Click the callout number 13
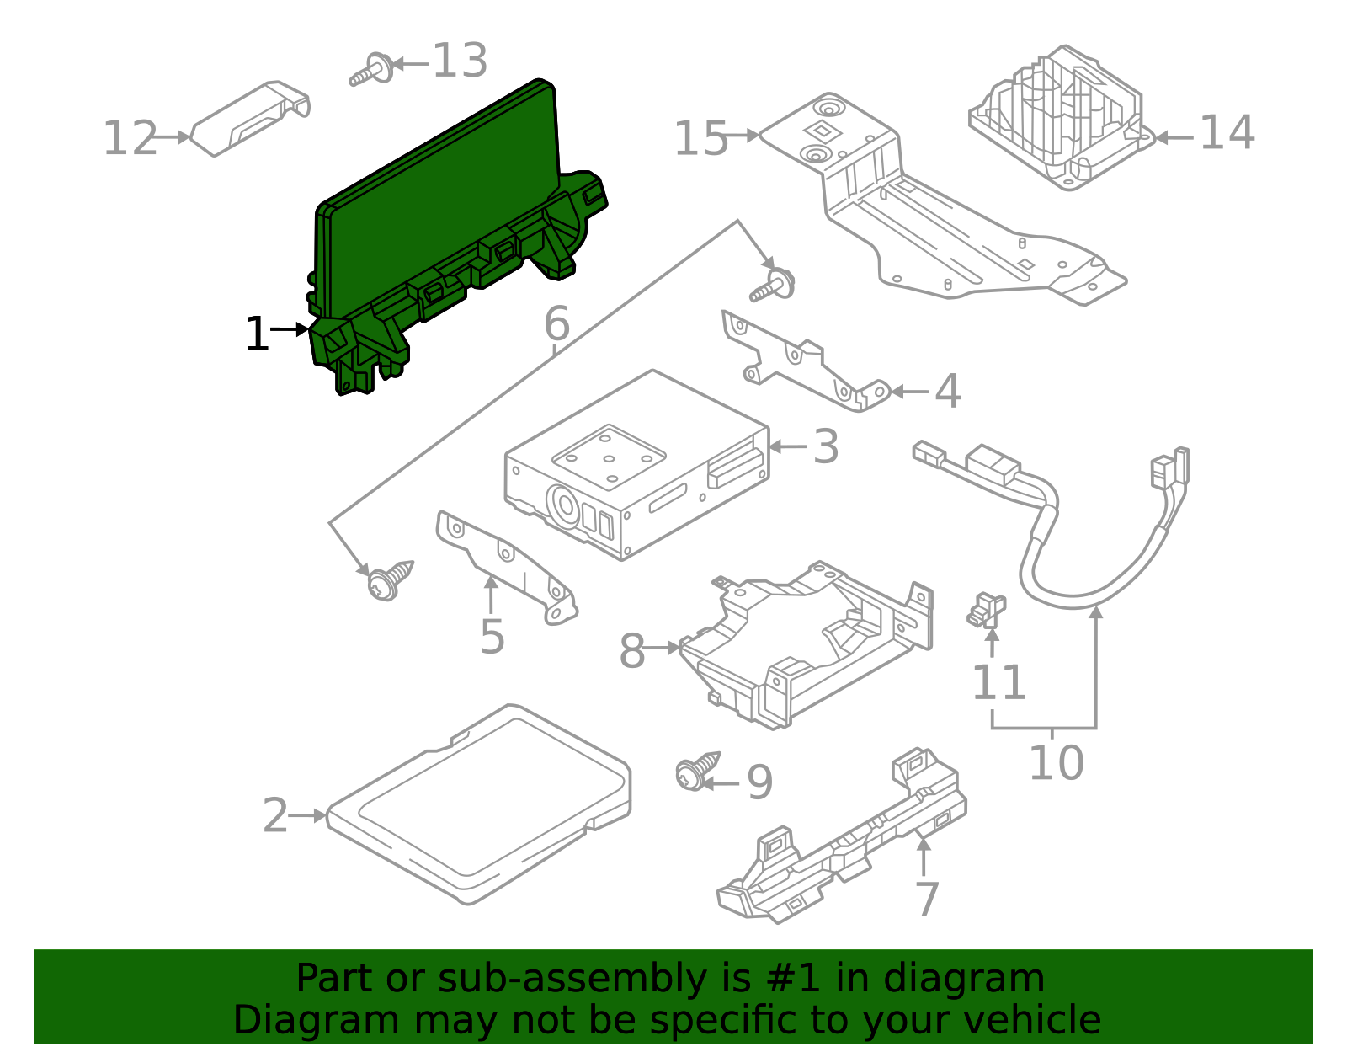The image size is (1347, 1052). (x=460, y=61)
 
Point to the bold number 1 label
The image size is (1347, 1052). (x=257, y=334)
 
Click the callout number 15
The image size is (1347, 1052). (x=700, y=138)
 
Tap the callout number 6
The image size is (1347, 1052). (x=556, y=323)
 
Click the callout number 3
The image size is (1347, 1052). (x=826, y=446)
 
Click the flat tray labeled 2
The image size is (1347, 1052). (x=480, y=804)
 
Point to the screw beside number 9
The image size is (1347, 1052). (x=695, y=772)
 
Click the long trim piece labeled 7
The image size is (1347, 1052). (x=842, y=842)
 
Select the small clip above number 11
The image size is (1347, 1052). (x=987, y=610)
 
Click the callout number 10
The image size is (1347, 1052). (x=1056, y=762)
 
